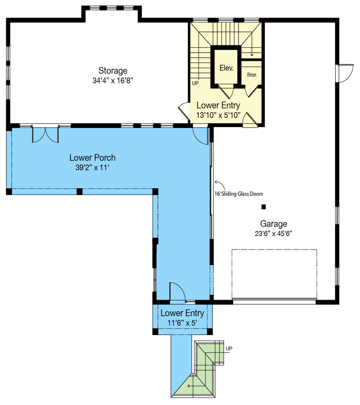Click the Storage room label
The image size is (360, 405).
coord(113,71)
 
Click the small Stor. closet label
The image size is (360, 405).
coord(252,74)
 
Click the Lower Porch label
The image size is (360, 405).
coord(92,158)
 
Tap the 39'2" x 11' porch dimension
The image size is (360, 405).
coord(92,168)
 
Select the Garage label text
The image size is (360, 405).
coord(274,223)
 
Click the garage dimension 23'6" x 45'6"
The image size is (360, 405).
coord(274,233)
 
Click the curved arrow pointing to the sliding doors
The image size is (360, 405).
coord(219,184)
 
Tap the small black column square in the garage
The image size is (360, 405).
coord(264,207)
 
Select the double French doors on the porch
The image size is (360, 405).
coord(45,135)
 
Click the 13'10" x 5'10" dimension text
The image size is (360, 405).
coord(219,115)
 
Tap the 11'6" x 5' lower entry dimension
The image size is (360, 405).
coord(182,323)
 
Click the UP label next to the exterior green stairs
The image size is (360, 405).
coord(229,348)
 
